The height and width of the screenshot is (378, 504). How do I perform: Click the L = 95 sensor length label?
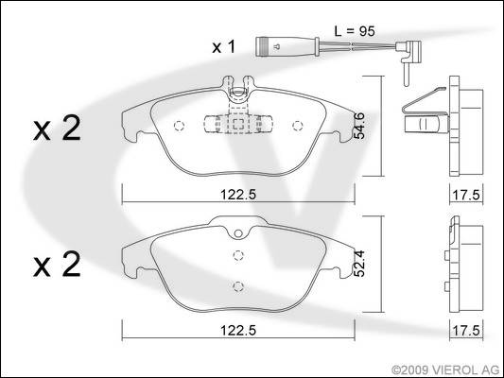(355, 31)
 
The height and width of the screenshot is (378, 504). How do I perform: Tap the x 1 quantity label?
(224, 46)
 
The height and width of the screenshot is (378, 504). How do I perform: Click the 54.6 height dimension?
(359, 126)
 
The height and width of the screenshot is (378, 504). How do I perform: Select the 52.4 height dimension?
(359, 264)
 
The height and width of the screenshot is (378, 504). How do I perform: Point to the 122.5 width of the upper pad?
(238, 195)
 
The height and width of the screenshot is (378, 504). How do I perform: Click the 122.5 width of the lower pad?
(238, 330)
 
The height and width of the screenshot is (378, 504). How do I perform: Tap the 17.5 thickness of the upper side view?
(466, 195)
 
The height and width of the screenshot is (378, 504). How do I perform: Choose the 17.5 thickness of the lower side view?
(466, 330)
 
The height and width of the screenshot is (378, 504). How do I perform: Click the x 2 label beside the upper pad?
(57, 129)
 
